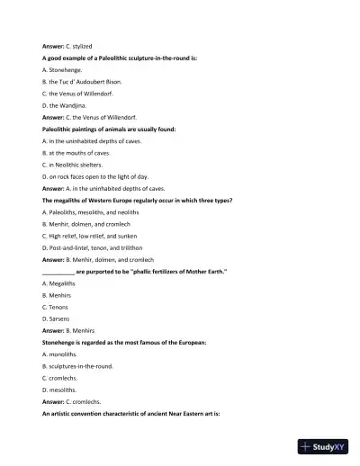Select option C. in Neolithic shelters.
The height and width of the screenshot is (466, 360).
pos(78,165)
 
